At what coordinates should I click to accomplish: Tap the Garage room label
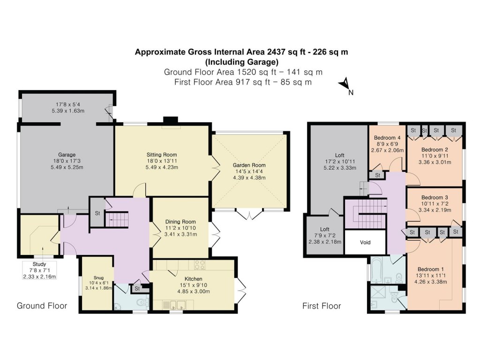[67, 155]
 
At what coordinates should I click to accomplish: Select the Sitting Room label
[162, 154]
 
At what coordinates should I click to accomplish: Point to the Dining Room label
[180, 222]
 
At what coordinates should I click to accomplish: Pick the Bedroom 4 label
[387, 138]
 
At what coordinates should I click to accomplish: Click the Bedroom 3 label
[435, 197]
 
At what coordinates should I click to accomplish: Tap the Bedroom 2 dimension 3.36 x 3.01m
[434, 163]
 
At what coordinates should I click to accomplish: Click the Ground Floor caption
[42, 306]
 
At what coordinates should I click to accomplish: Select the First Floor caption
[322, 306]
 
